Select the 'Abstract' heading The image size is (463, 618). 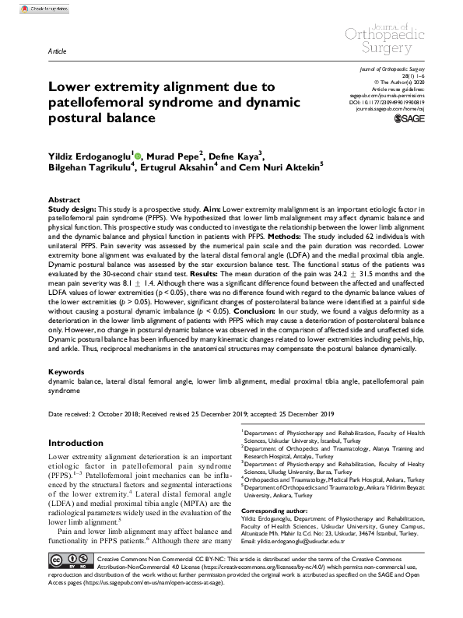(65, 201)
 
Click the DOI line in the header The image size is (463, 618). (402, 102)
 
